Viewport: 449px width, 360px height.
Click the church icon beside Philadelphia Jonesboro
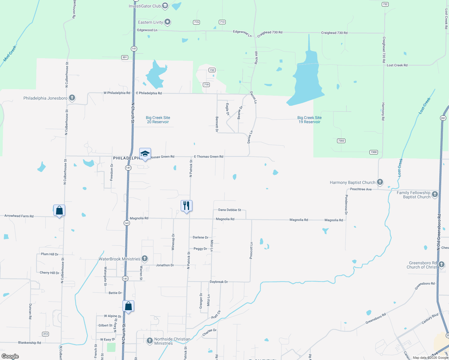(x=72, y=98)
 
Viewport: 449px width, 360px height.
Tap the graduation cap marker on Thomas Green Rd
(x=145, y=154)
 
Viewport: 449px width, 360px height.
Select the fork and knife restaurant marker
(x=186, y=206)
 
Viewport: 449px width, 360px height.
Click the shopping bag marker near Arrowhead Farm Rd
(x=59, y=210)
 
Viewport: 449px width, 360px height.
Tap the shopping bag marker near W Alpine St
(x=128, y=306)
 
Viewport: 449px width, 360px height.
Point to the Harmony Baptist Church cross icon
(x=380, y=182)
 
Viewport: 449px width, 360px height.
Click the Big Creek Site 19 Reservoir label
(x=309, y=120)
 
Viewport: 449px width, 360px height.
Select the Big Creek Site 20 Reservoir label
(x=158, y=120)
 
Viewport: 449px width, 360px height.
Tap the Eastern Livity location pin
(x=167, y=22)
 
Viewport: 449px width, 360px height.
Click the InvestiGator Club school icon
(x=165, y=6)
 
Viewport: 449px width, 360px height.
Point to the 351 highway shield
(x=443, y=118)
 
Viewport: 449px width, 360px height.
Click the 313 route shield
(x=45, y=334)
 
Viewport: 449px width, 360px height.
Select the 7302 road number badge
(x=341, y=141)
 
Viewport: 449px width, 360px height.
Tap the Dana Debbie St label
(x=230, y=210)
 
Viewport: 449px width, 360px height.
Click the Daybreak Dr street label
(x=219, y=282)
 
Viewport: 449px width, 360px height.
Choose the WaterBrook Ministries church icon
(x=145, y=259)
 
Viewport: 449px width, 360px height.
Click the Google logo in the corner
(x=10, y=356)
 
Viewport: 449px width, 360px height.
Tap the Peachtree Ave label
(x=361, y=189)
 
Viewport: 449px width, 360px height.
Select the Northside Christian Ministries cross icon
(x=149, y=341)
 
